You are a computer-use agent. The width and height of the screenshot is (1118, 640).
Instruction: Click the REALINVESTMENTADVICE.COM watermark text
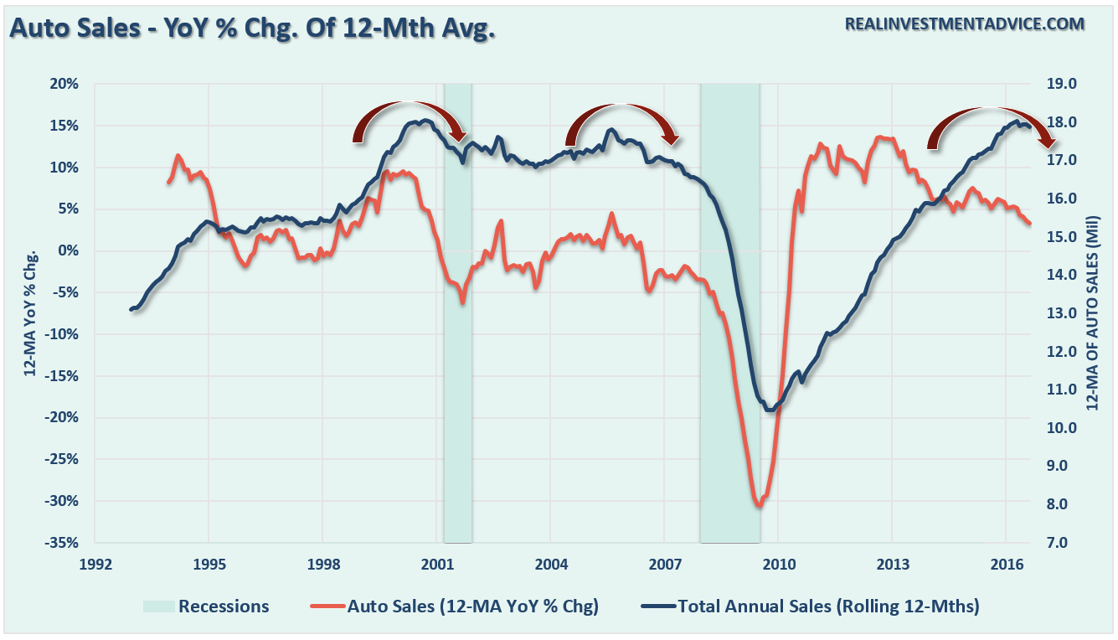point(965,24)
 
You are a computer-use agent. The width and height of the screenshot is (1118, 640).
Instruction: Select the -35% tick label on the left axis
point(63,542)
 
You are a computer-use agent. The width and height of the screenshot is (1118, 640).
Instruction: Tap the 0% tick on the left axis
point(70,250)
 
